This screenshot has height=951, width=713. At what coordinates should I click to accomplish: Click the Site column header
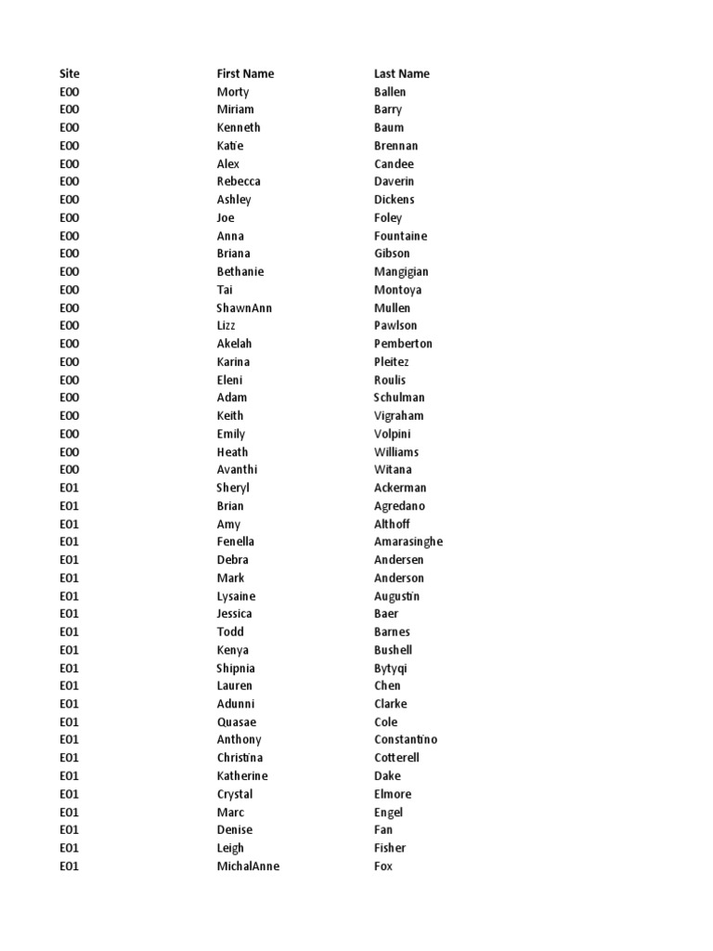point(70,73)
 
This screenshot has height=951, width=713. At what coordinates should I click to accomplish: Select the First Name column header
point(245,73)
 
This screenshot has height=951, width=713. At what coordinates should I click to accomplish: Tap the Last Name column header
point(401,73)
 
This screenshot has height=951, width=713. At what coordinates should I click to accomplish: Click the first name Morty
point(233,92)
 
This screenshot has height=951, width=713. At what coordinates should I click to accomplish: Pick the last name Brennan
point(395,146)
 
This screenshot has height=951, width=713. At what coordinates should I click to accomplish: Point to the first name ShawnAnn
point(244,307)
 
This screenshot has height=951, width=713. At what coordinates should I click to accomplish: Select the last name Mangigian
point(401,272)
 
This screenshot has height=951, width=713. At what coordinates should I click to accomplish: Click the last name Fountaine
point(400,236)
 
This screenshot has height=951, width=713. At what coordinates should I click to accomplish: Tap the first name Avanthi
point(238,470)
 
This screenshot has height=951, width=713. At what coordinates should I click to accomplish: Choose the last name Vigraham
point(398,415)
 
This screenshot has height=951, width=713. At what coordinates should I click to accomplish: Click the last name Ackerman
point(400,488)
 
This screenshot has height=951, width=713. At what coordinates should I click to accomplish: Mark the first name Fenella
point(236,541)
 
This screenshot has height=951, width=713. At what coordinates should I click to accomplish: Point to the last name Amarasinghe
point(408,541)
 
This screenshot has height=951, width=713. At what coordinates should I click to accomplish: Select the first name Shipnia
point(236,668)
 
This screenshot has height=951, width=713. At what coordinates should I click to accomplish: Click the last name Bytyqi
point(391,668)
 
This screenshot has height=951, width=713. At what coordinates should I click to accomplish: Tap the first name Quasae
point(237,722)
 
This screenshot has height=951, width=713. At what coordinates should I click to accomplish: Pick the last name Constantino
point(406,739)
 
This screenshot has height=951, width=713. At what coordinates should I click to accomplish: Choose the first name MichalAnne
point(248,866)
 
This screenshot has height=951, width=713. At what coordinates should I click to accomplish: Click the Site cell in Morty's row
point(70,92)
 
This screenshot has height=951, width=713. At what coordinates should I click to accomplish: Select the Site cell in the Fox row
point(70,866)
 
